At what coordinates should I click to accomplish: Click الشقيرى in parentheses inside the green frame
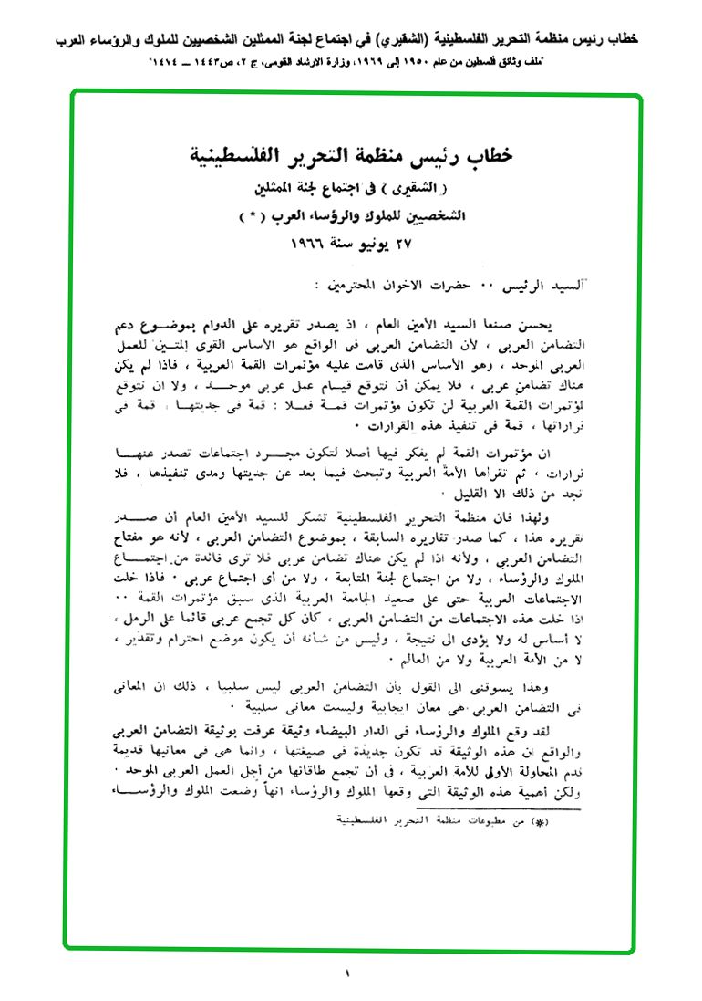tap(405, 191)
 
